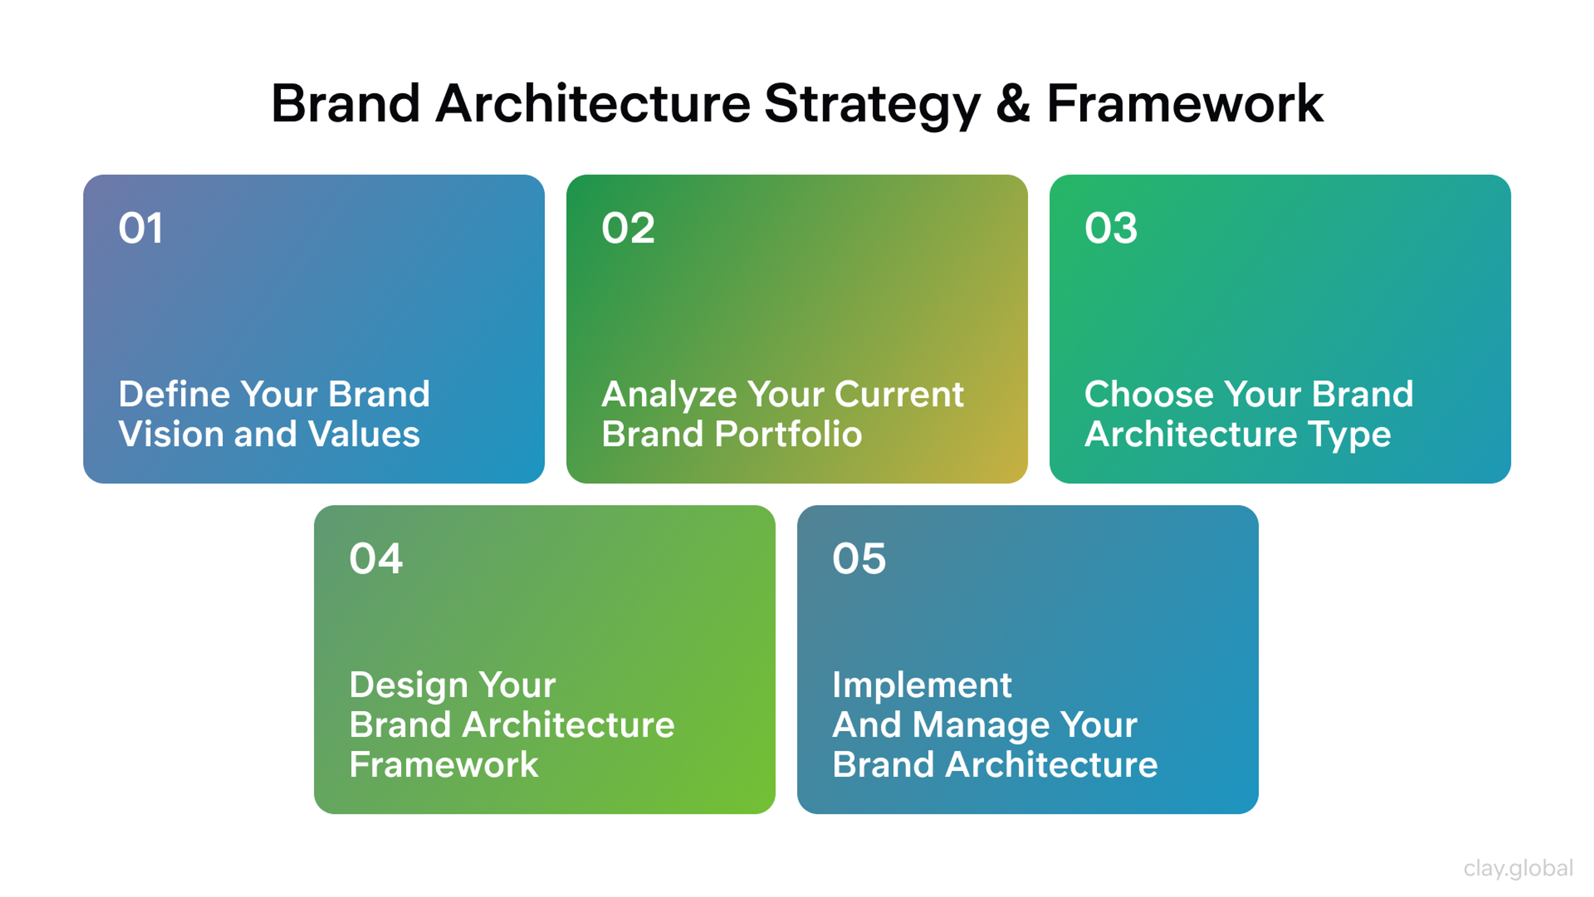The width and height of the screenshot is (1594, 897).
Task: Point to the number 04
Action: point(376,559)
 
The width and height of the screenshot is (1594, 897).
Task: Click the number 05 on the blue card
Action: point(859,559)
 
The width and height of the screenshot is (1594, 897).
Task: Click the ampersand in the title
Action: point(1013,103)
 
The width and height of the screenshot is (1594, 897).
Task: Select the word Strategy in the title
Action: point(873,105)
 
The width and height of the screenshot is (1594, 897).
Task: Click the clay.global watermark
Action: point(1518,868)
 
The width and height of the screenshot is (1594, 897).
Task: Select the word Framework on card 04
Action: point(444,765)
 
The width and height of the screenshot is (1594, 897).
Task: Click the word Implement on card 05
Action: point(922,686)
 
